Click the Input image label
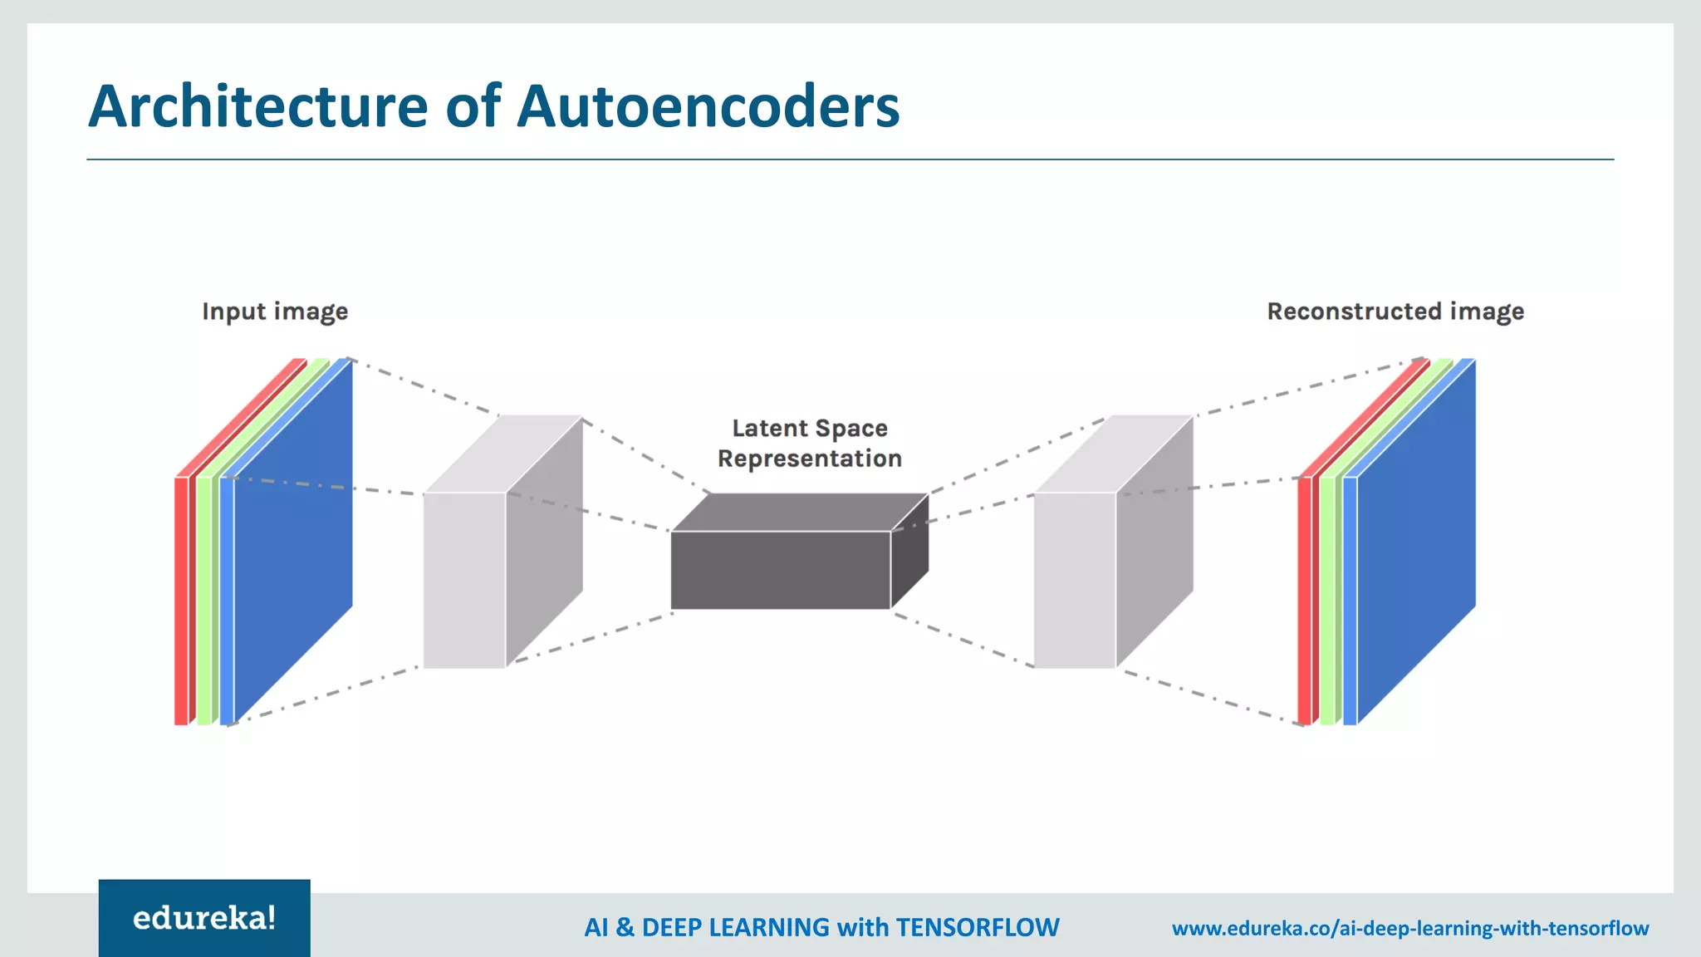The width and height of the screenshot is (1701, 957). (275, 312)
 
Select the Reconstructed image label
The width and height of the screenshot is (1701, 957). (1395, 312)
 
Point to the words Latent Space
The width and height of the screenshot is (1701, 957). (810, 429)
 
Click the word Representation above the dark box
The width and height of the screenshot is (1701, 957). (810, 459)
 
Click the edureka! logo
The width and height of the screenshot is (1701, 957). (204, 918)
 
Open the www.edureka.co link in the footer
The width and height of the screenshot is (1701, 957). (1409, 928)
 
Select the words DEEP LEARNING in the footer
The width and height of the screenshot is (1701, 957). (735, 927)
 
